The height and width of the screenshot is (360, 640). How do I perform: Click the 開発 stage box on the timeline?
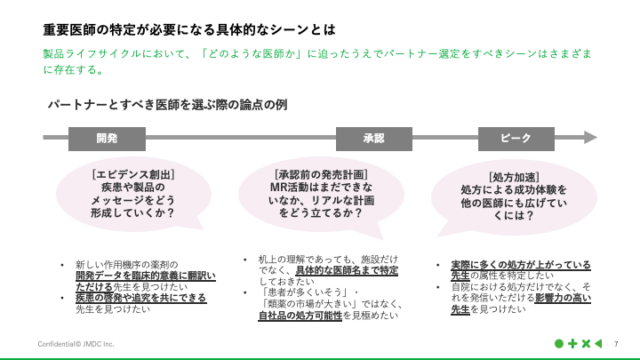107,138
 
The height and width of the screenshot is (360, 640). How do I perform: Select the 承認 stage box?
373,138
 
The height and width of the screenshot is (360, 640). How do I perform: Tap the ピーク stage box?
516,138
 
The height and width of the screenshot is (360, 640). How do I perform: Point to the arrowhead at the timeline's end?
590,138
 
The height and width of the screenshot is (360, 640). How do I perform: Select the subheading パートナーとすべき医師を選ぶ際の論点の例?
167,105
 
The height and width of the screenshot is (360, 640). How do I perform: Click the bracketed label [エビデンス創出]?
132,174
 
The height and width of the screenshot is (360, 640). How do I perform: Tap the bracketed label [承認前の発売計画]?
321,174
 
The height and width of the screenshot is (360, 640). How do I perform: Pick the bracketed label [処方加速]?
513,177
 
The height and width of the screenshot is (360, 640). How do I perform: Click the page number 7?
616,343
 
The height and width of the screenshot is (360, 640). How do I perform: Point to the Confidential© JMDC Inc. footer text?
76,343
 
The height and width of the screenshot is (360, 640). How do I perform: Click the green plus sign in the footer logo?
572,343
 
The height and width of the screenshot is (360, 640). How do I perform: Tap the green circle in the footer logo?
559,343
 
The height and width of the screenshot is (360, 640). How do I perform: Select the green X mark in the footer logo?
585,343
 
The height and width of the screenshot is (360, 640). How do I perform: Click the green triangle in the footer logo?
598,343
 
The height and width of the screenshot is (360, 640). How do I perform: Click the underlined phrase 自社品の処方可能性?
300,316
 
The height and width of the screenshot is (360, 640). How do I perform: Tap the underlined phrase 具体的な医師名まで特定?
346,270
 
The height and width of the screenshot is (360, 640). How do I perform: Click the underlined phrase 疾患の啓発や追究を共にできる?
140,298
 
